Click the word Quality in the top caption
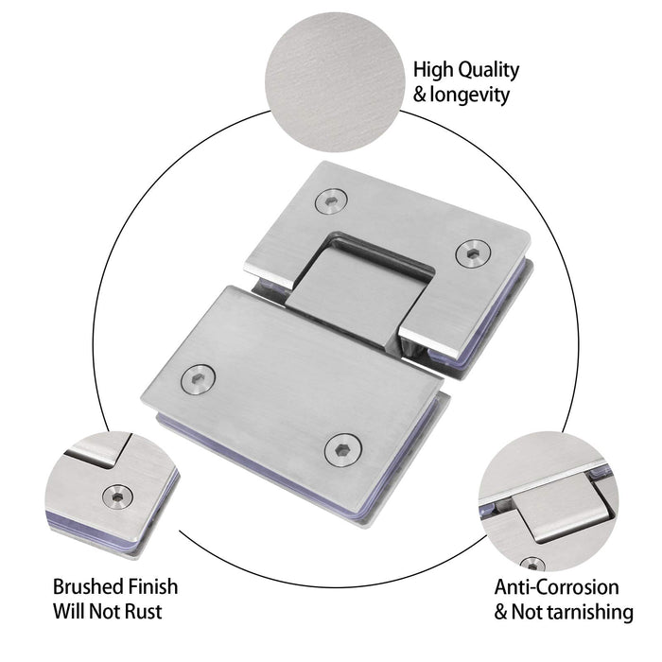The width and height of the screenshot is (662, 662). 488,70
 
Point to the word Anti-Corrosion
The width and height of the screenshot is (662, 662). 557,587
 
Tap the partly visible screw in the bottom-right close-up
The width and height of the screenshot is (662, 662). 532,564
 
